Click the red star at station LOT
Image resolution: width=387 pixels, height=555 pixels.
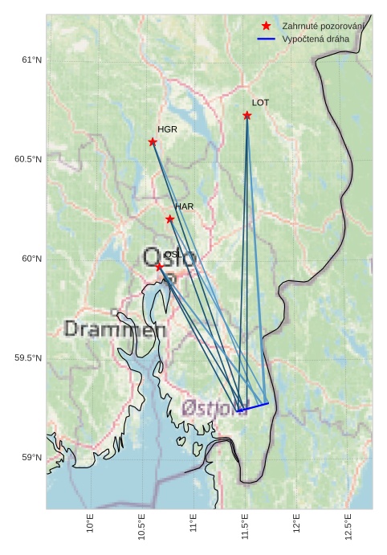tap(247, 116)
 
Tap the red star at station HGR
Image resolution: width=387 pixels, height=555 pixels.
tap(153, 142)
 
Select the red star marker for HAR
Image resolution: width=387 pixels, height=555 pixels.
tap(169, 218)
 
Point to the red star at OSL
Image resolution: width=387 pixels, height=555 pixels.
tap(159, 266)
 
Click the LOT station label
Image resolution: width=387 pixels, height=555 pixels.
tap(259, 103)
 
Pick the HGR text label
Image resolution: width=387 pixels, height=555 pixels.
tap(167, 129)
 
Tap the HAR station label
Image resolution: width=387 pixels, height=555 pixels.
tap(184, 206)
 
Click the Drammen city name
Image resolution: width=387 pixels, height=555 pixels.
tap(115, 329)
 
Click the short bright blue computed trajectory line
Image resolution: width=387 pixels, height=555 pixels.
tap(253, 406)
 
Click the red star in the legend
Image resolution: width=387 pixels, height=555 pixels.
tap(266, 27)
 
